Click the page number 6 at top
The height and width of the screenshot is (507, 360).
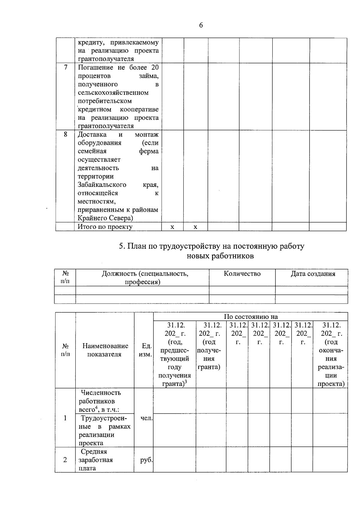[201, 25]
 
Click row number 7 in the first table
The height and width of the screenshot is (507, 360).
[65, 67]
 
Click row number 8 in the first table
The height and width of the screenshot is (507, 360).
[65, 134]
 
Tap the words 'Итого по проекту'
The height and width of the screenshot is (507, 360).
[105, 227]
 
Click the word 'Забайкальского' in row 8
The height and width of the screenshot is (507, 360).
[102, 184]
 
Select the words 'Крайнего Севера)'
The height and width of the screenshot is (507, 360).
[105, 218]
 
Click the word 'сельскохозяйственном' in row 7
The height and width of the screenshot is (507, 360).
[113, 93]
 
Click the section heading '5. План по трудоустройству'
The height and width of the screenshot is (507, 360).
[211, 246]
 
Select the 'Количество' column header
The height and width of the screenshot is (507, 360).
[242, 274]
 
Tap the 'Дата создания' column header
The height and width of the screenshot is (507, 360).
[313, 274]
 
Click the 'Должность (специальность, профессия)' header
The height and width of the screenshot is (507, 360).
[145, 277]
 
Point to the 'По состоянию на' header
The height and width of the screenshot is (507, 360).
[251, 316]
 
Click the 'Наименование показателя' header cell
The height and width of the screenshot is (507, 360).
[105, 350]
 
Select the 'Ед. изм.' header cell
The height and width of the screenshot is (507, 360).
[146, 350]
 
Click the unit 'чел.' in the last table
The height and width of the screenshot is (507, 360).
[147, 418]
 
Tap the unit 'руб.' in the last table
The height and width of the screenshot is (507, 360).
[146, 460]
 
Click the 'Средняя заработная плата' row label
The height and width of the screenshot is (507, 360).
[96, 460]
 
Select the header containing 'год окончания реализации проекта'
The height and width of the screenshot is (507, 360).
[331, 354]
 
